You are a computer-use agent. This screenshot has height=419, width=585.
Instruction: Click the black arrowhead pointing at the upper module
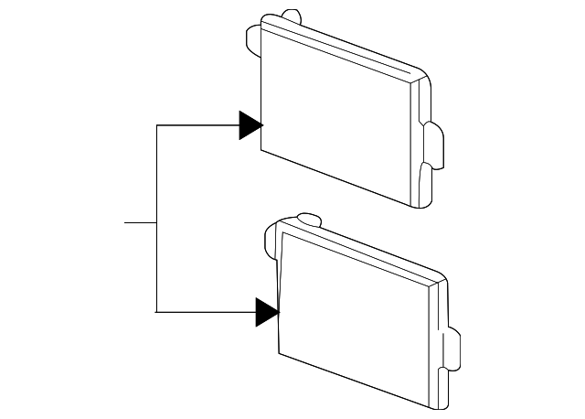click(250, 125)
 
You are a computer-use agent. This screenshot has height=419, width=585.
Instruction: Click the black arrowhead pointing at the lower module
click(266, 312)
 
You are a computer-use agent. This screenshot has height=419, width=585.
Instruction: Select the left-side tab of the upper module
click(253, 40)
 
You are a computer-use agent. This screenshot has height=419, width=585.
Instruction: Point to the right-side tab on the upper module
click(434, 146)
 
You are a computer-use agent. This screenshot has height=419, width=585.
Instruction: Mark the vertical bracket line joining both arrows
click(156, 220)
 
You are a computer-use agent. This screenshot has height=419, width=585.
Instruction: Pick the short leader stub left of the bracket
click(140, 222)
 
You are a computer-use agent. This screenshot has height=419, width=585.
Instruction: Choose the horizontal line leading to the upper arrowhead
click(197, 125)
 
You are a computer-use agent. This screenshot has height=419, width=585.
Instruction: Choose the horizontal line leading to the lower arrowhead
click(206, 312)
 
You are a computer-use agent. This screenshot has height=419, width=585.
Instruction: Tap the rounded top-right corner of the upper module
click(419, 73)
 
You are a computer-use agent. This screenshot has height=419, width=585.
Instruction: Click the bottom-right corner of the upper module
click(422, 203)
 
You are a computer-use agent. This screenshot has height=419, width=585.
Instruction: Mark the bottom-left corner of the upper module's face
click(264, 151)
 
